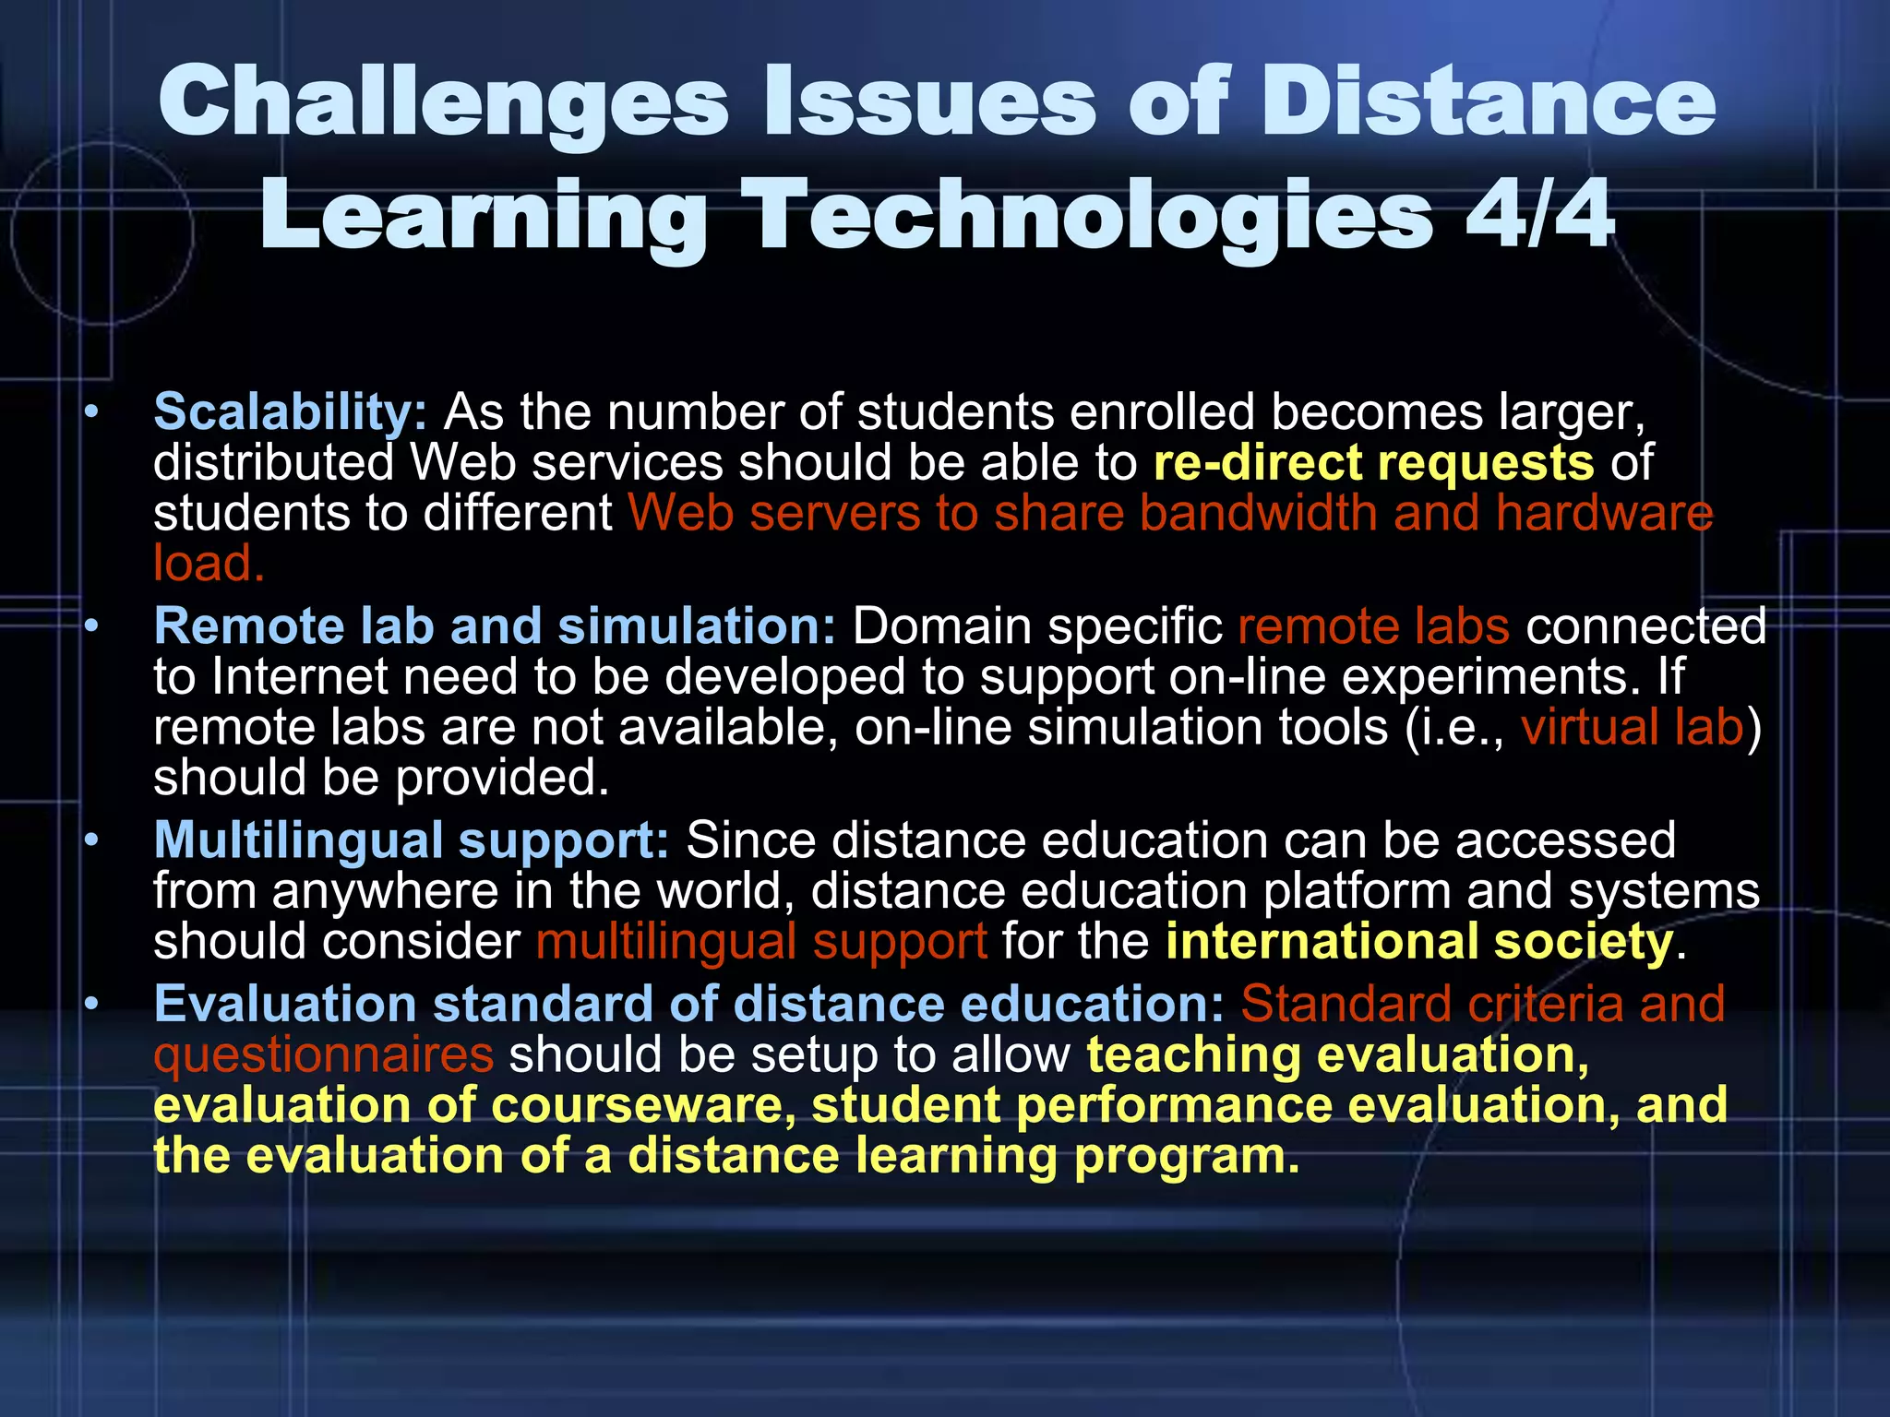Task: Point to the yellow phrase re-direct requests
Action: pos(1373,462)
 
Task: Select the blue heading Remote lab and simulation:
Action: pos(495,626)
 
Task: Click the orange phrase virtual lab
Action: pos(1632,727)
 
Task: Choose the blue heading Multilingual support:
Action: pos(412,840)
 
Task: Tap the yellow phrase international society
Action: pos(1419,942)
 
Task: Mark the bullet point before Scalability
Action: pos(90,412)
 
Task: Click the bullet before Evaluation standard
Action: pos(90,1005)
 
